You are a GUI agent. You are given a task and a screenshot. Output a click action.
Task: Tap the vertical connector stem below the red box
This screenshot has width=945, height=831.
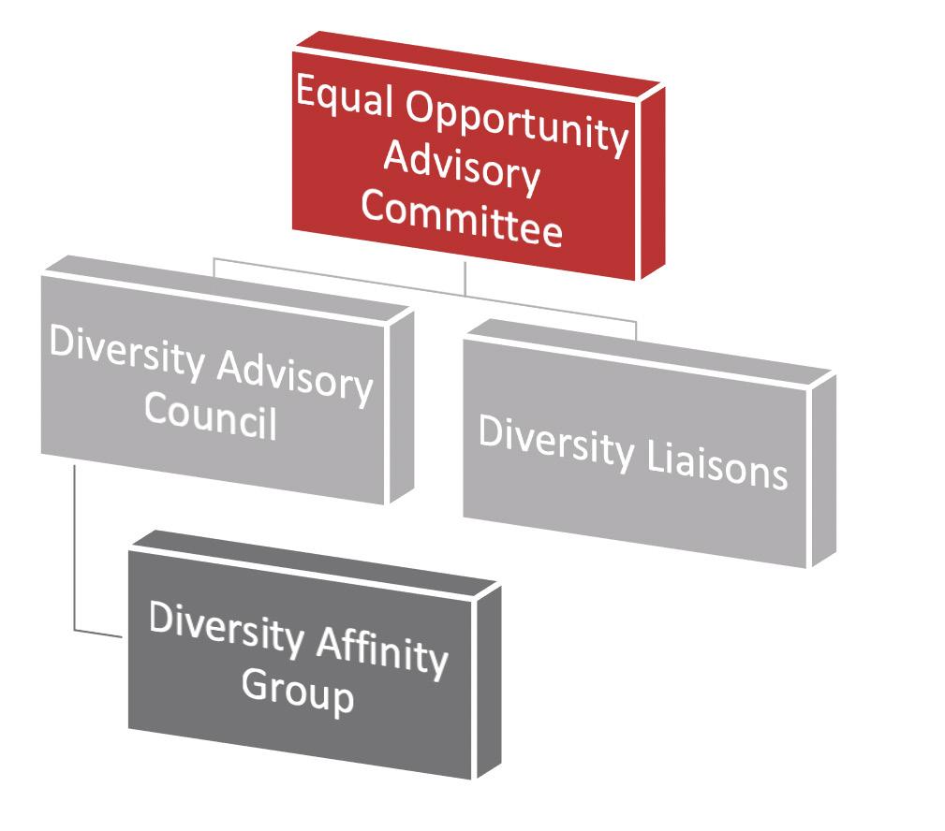[x=465, y=277]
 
